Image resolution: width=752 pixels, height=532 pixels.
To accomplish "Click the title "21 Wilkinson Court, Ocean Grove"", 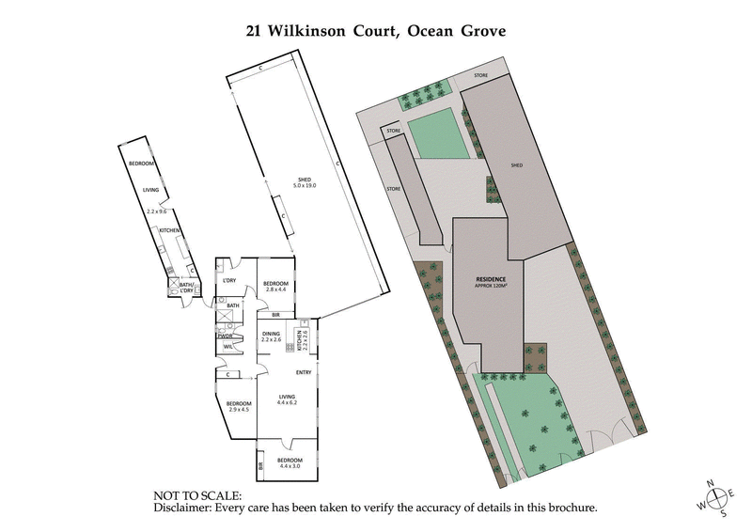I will pos(375,30).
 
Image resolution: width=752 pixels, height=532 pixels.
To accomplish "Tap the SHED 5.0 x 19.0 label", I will pos(305,184).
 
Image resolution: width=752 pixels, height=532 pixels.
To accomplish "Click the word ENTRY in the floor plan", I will pos(304,373).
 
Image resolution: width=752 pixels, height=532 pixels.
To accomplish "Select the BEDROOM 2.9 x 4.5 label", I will pos(239,406).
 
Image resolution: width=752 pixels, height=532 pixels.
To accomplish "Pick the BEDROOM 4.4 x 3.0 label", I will pos(290,462).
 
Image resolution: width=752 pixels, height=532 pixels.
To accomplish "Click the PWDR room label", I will pos(226,336).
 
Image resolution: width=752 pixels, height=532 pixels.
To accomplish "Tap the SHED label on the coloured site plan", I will pos(516,165).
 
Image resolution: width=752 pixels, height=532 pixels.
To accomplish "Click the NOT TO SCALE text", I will pos(197,495).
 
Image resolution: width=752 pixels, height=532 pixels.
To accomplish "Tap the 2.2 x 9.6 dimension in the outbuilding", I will pos(157,212).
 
